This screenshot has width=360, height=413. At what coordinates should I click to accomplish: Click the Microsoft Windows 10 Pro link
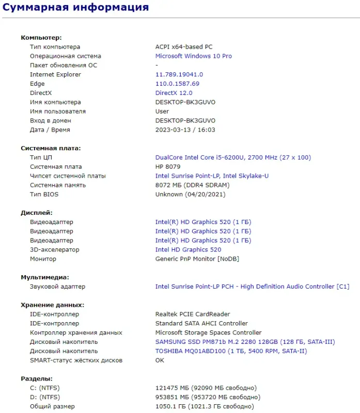(x=194, y=56)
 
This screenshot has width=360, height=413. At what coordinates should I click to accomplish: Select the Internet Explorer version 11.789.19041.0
(x=179, y=74)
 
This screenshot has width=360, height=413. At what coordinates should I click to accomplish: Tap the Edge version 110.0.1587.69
(x=177, y=84)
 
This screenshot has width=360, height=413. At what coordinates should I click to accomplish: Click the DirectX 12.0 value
(x=174, y=93)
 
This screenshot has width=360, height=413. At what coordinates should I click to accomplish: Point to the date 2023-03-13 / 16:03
(x=185, y=130)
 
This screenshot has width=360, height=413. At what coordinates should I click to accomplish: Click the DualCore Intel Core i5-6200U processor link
(x=233, y=157)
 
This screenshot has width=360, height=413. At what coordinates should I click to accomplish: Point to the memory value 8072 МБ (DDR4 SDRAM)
(x=193, y=185)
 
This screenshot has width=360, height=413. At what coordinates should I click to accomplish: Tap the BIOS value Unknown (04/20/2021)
(x=191, y=195)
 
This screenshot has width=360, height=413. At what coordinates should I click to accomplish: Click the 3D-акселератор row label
(x=55, y=250)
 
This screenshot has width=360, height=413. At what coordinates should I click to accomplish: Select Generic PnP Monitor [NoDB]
(x=197, y=259)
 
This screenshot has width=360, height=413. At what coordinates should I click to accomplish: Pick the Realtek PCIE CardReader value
(x=193, y=314)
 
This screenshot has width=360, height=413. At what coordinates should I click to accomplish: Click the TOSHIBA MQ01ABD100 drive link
(x=231, y=351)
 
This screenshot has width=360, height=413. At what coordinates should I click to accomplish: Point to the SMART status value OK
(x=160, y=360)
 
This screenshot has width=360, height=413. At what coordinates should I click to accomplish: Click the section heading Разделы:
(x=37, y=378)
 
